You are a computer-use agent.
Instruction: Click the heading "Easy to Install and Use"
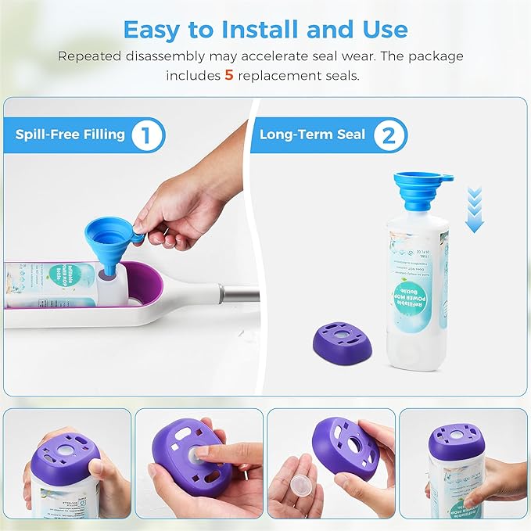[265, 30]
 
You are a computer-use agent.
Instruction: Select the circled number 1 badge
[143, 135]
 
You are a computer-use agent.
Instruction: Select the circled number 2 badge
[385, 135]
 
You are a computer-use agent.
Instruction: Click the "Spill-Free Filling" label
[70, 135]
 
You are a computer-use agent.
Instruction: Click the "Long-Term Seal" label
[313, 135]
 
